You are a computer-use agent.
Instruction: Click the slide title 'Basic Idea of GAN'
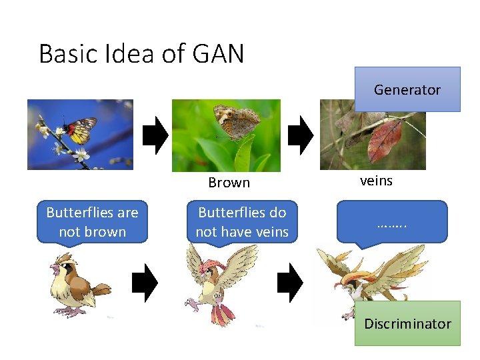pos(141,53)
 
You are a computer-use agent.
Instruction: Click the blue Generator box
pos(407,89)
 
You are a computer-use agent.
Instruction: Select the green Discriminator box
pos(407,323)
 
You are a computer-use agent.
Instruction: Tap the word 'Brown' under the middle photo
pos(229,183)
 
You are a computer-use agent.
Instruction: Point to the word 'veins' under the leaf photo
pos(376,181)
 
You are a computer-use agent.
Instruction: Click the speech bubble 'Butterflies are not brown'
pos(92,222)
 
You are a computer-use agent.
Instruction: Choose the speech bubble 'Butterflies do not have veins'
pos(242,222)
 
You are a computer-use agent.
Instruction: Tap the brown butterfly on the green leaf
pos(237,121)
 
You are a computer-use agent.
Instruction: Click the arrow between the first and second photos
pos(155,135)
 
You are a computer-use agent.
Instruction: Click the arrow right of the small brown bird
pos(145,284)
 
